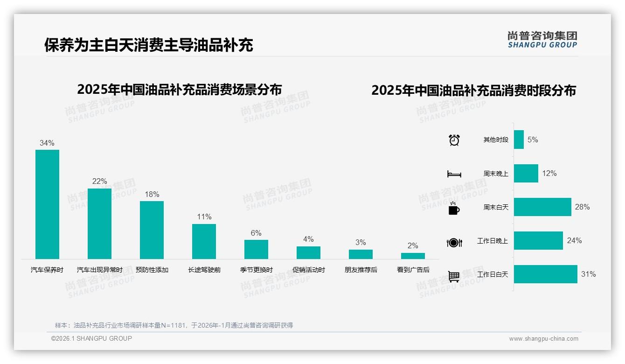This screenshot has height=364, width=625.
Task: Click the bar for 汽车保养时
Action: (x=47, y=204)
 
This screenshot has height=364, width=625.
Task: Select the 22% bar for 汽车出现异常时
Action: (x=99, y=224)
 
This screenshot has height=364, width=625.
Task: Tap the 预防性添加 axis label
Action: (x=152, y=270)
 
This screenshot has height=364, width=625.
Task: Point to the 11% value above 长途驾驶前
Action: (x=204, y=217)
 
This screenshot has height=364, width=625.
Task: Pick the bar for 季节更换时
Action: (x=256, y=249)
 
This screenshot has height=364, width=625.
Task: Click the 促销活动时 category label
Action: (x=309, y=270)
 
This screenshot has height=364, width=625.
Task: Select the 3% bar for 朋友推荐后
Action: (x=361, y=254)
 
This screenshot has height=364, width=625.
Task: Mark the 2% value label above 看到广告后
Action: (x=413, y=245)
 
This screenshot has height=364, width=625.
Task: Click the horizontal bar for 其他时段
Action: (x=519, y=140)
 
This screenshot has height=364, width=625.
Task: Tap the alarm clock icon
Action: (x=454, y=140)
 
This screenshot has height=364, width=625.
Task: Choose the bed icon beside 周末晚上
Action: (x=454, y=174)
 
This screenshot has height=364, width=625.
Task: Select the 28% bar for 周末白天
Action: (x=542, y=207)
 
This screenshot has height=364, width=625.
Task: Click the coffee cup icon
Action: (x=454, y=208)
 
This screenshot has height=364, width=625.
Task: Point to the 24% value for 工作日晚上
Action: (x=574, y=240)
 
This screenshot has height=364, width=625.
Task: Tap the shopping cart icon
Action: (x=454, y=277)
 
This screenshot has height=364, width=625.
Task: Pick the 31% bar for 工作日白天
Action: (x=545, y=274)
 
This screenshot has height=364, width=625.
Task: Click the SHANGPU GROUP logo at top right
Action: (x=542, y=39)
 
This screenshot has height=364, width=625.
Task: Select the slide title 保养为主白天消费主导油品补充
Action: (x=149, y=45)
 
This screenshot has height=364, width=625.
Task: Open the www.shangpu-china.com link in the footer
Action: (x=543, y=339)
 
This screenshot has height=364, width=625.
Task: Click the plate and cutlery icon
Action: (x=454, y=243)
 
